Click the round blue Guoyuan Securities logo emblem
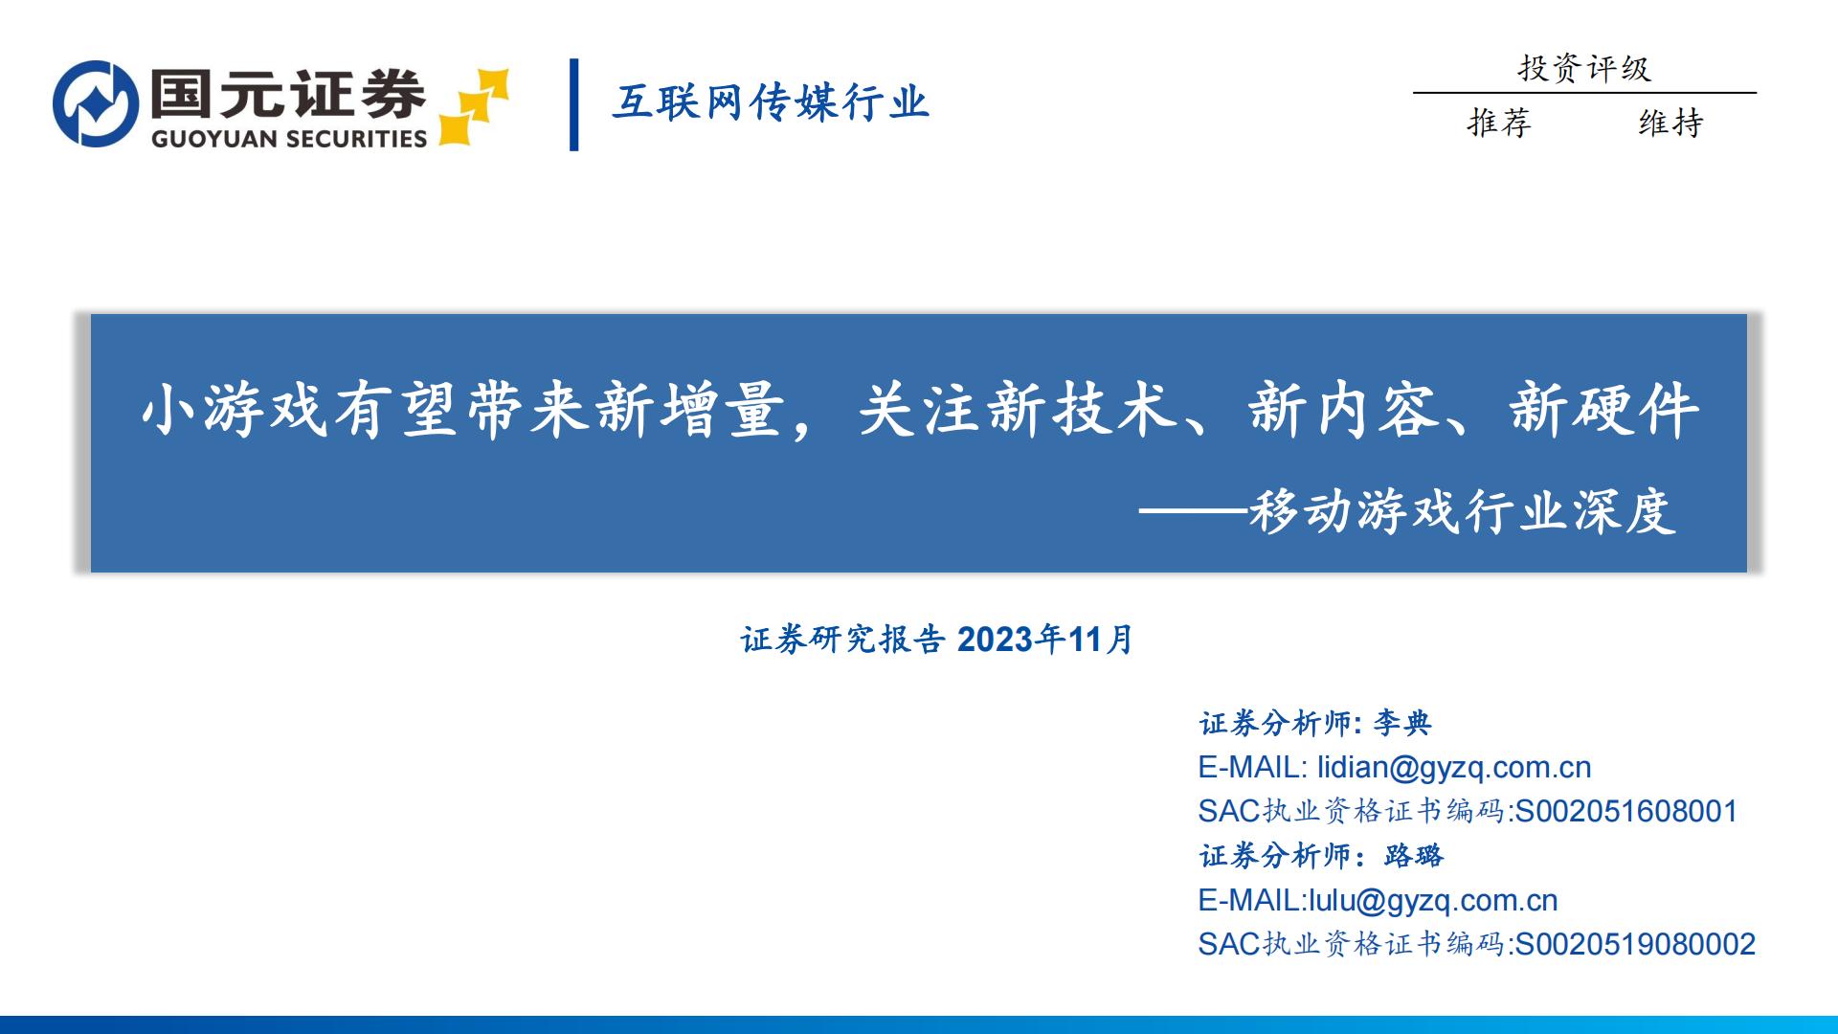coord(96,103)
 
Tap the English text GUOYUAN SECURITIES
coord(289,139)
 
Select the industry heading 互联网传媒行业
coord(771,102)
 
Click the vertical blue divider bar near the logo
coord(574,104)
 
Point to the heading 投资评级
coord(1584,68)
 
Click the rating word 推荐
coord(1499,123)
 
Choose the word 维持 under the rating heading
coord(1670,123)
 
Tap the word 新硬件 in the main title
coord(1604,412)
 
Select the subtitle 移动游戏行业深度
coord(1462,512)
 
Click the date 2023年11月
coord(1045,640)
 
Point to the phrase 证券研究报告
coord(842,640)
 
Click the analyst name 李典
coord(1402,723)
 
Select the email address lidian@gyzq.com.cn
coord(1454,767)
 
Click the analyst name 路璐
coord(1414,855)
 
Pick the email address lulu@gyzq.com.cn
coord(1433,900)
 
